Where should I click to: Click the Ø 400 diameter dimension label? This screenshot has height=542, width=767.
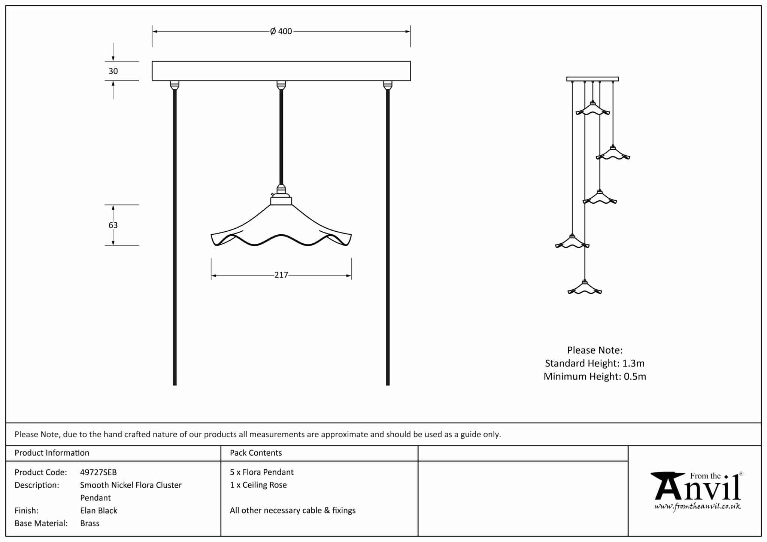(281, 31)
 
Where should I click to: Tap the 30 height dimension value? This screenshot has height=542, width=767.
(113, 71)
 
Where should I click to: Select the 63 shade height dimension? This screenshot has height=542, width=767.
(113, 225)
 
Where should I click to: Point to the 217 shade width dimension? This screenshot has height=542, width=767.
(281, 275)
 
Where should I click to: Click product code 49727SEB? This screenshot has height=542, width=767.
(98, 472)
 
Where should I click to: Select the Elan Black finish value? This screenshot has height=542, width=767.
(98, 511)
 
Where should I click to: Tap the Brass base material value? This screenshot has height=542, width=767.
(90, 523)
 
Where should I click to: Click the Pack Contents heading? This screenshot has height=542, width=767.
(256, 453)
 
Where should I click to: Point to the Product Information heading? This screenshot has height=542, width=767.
(52, 453)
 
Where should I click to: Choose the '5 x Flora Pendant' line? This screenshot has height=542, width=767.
(262, 472)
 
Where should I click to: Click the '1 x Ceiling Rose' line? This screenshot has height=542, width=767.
(258, 485)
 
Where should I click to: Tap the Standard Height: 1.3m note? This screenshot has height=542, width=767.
(595, 363)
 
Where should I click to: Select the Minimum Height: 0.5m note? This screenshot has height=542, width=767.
(595, 377)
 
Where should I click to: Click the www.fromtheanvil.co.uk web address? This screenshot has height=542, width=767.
(698, 507)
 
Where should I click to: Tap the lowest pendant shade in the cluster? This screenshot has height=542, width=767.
(585, 289)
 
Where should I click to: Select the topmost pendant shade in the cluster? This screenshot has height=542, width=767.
(592, 109)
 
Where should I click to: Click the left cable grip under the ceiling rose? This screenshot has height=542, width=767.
(175, 85)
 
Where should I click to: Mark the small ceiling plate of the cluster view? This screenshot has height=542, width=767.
(592, 79)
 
